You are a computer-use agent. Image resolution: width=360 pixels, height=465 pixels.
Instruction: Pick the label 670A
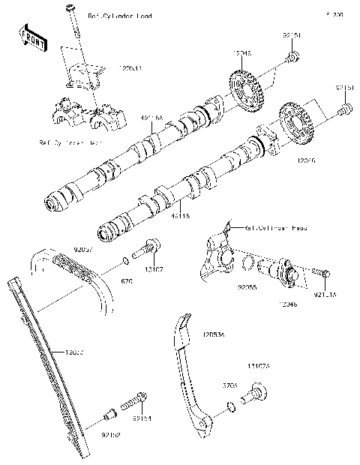229,385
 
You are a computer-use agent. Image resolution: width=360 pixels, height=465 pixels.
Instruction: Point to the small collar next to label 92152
109,412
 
